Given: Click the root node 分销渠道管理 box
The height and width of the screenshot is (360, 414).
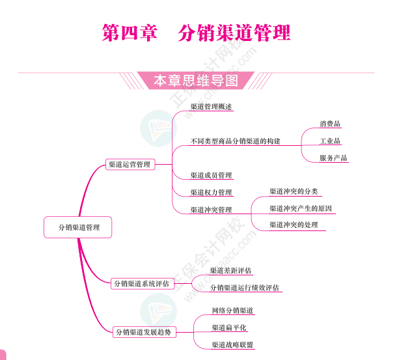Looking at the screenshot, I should click(77, 227).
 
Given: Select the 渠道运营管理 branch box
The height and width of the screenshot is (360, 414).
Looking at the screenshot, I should click(129, 165).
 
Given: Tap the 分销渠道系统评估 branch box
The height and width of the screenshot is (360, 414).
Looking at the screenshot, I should click(141, 283).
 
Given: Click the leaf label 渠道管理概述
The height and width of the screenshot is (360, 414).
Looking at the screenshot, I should click(211, 107).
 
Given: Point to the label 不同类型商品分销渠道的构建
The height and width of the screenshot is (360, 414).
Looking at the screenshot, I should click(235, 141).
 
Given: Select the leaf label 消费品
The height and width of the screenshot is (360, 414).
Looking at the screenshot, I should click(329, 124).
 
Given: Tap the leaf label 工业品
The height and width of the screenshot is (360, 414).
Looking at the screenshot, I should click(329, 141).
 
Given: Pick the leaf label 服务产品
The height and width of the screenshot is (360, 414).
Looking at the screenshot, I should click(333, 158).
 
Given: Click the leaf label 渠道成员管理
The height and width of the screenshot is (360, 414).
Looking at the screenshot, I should click(211, 176).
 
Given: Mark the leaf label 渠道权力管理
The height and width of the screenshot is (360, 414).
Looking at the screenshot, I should click(211, 193).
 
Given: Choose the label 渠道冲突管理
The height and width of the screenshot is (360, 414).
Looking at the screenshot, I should click(211, 210).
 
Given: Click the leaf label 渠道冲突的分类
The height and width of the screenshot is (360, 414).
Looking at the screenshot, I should click(294, 191).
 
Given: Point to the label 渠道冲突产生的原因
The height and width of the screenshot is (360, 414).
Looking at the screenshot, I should click(301, 208).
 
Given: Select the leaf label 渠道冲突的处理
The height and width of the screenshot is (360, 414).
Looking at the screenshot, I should click(294, 225).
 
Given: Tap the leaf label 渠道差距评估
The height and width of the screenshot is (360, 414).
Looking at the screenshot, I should click(230, 270).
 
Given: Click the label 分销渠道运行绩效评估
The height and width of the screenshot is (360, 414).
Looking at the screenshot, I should click(244, 288).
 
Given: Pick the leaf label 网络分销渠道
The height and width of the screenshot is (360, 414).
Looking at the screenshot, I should click(232, 311).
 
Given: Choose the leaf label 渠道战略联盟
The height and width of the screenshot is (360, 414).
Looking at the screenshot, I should click(232, 344).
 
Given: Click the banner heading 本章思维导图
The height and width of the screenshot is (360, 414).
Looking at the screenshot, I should click(195, 81).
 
